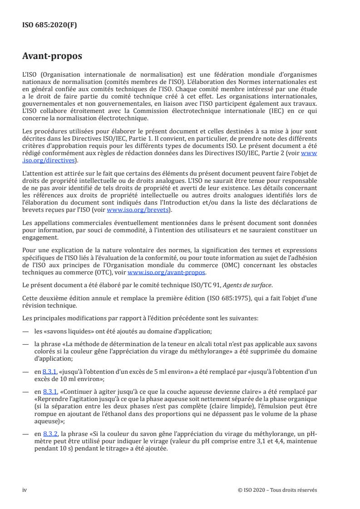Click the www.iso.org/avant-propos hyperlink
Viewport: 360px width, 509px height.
tap(167, 272)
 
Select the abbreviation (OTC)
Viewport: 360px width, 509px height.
tap(107, 272)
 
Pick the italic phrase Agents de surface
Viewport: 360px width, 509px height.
tap(244, 284)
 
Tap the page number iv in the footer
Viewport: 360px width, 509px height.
tap(25, 489)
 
